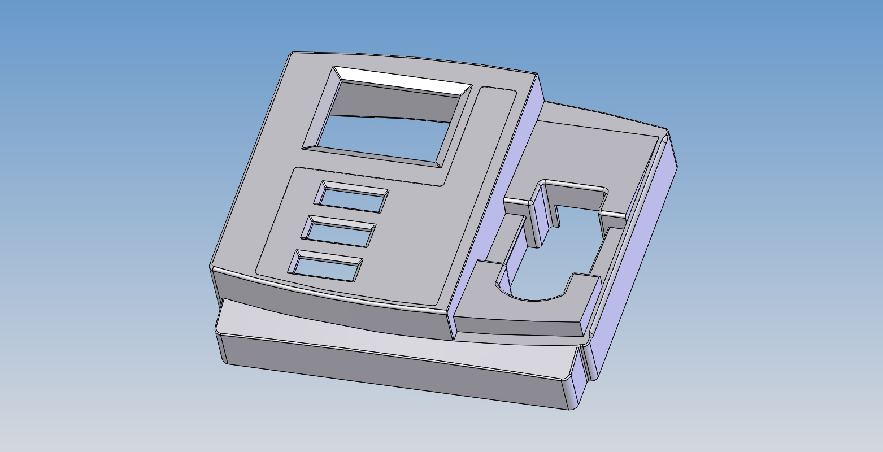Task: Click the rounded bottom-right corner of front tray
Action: pyautogui.click(x=571, y=404)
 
